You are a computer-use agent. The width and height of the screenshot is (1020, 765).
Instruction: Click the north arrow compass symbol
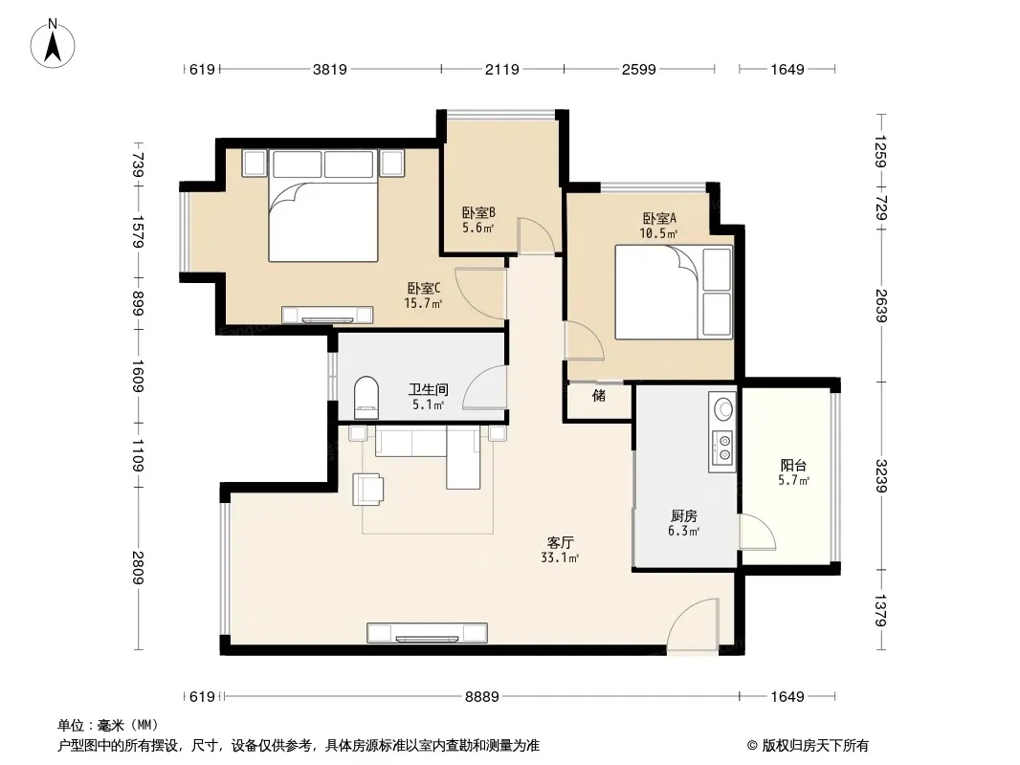[52, 44]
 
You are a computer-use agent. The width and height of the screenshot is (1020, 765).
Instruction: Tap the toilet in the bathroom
[366, 398]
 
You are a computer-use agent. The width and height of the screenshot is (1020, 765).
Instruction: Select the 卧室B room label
[478, 212]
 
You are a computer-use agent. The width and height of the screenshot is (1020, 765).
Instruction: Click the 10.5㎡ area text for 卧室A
[658, 233]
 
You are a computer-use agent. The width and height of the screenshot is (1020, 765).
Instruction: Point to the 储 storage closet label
[599, 395]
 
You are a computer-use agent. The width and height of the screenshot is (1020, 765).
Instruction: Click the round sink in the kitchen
[723, 409]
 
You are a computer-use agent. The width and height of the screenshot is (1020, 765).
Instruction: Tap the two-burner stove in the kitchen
[722, 448]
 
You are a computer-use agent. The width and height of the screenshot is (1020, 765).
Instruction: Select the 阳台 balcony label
[793, 466]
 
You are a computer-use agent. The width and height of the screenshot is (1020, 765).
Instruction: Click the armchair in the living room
[367, 490]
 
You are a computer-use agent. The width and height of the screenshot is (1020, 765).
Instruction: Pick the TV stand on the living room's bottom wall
[427, 633]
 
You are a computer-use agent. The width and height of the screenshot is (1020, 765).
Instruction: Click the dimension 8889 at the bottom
[482, 697]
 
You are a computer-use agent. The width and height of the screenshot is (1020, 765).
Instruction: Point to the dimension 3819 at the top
[330, 69]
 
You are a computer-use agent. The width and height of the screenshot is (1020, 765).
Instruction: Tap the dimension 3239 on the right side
[881, 476]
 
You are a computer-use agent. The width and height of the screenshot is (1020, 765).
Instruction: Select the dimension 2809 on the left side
[138, 567]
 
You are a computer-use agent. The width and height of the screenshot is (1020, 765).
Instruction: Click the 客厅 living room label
[560, 542]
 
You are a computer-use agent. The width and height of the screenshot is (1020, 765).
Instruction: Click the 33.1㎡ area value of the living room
[560, 557]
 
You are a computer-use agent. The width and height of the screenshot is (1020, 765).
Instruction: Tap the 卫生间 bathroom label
[428, 389]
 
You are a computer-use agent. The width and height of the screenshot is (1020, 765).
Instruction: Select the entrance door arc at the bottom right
[687, 618]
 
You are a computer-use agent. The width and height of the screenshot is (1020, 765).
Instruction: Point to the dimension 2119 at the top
[502, 69]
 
